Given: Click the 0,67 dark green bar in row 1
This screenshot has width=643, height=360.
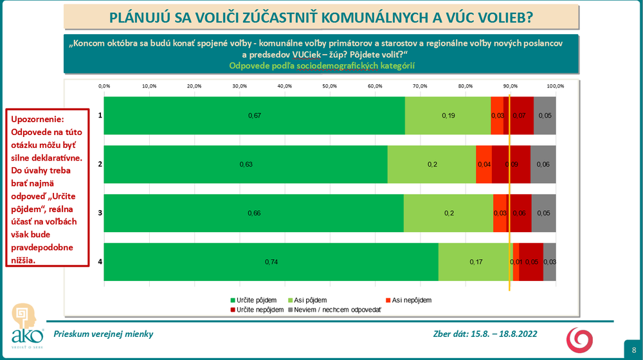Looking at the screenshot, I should (x=254, y=116).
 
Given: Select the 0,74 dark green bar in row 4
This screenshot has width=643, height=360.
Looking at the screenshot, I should (x=271, y=262).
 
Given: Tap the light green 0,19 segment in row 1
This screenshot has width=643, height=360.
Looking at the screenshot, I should (x=448, y=116).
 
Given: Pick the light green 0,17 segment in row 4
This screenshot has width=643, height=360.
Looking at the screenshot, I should (x=475, y=262).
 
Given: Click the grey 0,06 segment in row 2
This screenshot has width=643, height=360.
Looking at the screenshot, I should (x=543, y=165).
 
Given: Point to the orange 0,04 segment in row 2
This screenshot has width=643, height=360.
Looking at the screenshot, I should (x=484, y=165).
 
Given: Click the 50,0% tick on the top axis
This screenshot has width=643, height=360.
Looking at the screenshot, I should (x=330, y=86).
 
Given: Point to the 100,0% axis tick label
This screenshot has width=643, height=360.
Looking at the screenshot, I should (x=556, y=86).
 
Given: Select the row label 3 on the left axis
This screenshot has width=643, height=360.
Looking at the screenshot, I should (x=100, y=213).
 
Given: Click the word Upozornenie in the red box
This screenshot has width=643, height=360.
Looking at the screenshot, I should (x=37, y=120).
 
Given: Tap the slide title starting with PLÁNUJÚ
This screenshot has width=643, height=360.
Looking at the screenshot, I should (x=321, y=17).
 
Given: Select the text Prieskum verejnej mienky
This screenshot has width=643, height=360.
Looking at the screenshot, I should (x=103, y=334).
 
